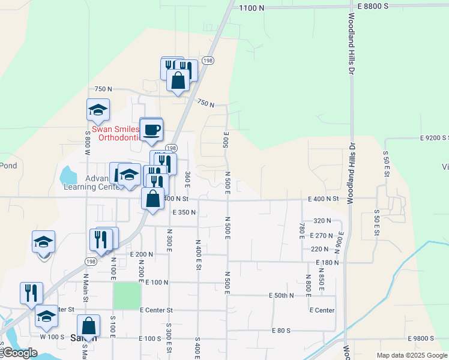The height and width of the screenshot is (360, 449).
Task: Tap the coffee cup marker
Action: [151, 129]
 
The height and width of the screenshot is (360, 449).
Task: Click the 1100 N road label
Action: [251, 8]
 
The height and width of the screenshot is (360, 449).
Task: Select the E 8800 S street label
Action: [373, 5]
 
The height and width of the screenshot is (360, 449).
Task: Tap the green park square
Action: [127, 296]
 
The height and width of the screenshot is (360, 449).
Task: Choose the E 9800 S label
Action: [428, 339]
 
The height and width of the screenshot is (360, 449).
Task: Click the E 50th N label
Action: [281, 295]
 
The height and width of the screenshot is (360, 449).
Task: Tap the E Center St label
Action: [156, 310]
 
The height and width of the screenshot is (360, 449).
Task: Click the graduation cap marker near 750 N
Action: [98, 110]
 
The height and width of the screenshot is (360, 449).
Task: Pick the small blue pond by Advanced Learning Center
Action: [68, 175]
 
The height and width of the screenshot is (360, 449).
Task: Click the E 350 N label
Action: [184, 212]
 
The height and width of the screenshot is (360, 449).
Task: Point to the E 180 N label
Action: [327, 262]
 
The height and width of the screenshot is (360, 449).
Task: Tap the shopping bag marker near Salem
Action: [89, 327]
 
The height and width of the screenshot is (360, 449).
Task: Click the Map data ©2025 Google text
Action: [412, 355]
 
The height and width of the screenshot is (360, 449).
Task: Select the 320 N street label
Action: [322, 221]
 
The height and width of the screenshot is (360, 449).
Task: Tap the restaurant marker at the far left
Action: [31, 293]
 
